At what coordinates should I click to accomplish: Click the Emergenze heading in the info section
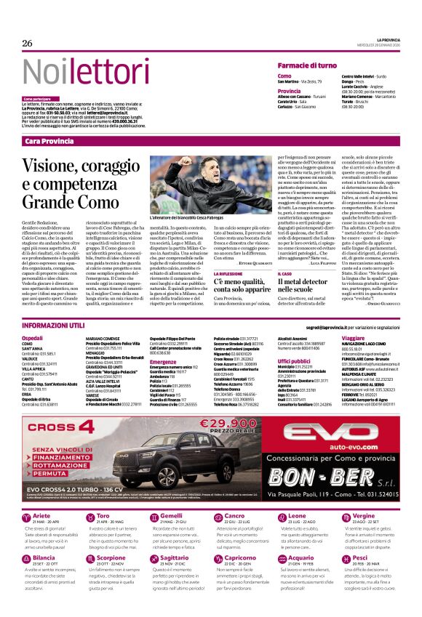click(x=164, y=361)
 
